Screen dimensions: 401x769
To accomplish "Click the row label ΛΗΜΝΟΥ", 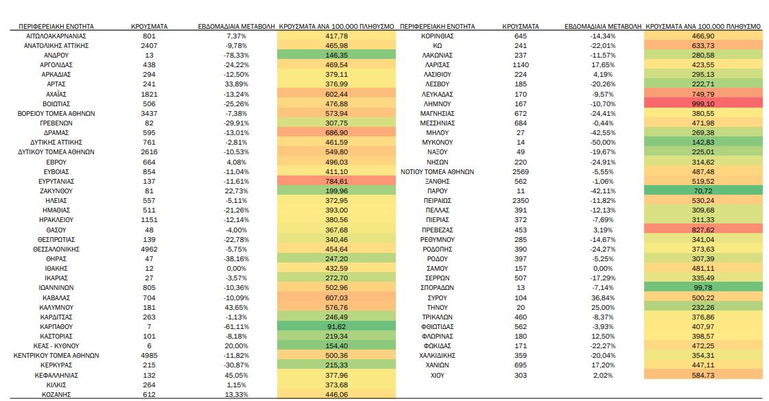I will tap(436, 104).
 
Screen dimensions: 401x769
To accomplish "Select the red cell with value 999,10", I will tap(704, 104).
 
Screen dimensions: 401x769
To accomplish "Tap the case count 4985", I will tap(150, 356).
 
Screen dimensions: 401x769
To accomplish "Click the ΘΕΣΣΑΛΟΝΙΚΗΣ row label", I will tap(56, 249).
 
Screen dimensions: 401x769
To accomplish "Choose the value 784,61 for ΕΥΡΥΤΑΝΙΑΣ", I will tap(336, 181).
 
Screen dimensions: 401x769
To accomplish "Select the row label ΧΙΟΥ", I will tap(436, 376).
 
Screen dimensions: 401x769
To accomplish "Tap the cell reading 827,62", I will tap(704, 230).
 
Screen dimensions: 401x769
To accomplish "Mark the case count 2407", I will tap(150, 45).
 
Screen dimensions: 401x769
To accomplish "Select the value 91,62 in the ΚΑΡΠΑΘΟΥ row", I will tap(336, 327).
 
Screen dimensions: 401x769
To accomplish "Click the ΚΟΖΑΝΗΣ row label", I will tap(56, 395).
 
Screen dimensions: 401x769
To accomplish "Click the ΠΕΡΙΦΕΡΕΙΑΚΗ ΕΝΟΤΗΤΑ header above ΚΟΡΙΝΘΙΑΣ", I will tap(436, 26).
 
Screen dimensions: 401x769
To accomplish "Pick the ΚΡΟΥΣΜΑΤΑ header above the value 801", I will tap(150, 26).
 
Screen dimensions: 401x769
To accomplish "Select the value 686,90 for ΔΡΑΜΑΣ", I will tap(336, 132).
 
